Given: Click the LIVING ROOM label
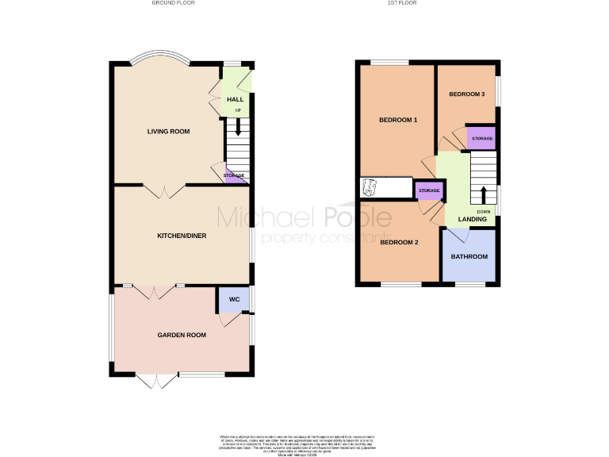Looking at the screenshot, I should (x=168, y=131).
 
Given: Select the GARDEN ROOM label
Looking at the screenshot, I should (x=182, y=335).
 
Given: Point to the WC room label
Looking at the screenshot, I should (x=234, y=300).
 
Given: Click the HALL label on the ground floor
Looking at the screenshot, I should (x=236, y=99).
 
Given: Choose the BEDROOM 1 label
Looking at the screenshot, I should (x=397, y=120).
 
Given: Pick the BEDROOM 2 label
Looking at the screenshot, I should (x=398, y=242).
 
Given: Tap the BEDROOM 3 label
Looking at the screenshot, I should (x=466, y=94).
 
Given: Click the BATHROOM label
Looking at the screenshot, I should (x=469, y=257).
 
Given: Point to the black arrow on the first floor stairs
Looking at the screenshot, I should (x=482, y=195).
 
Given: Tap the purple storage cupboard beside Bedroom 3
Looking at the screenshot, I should (x=481, y=138).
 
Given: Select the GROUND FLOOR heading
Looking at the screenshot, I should (x=173, y=3).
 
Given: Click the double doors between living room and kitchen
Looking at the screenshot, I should (x=164, y=190).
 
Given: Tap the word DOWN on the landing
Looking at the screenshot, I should (x=484, y=212).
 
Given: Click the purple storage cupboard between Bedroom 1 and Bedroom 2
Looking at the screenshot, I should (x=428, y=190).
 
